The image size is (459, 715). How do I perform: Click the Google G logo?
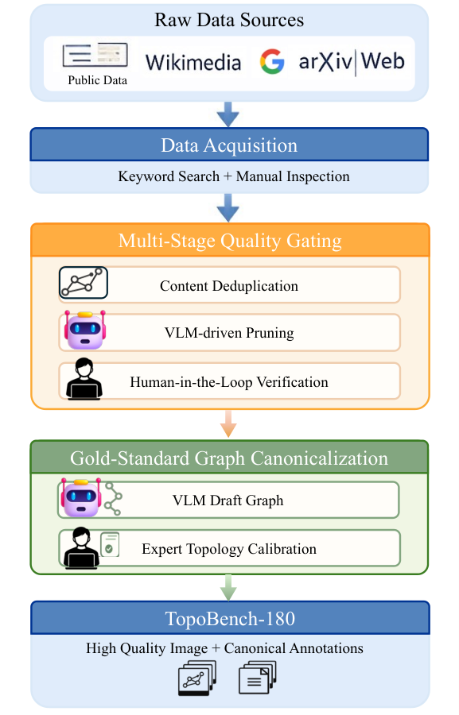pyautogui.click(x=272, y=61)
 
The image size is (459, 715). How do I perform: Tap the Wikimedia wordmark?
pyautogui.click(x=193, y=63)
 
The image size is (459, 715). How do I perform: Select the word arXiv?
pyautogui.click(x=325, y=61)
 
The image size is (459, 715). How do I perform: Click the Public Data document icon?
pyautogui.click(x=95, y=55)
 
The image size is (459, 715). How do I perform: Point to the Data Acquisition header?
pyautogui.click(x=229, y=145)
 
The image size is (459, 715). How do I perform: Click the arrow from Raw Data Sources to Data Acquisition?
pyautogui.click(x=228, y=114)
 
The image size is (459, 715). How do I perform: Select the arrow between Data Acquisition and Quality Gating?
pyautogui.click(x=228, y=207)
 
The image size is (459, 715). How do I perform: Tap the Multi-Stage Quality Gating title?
pyautogui.click(x=230, y=241)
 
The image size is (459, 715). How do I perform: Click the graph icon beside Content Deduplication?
pyautogui.click(x=84, y=283)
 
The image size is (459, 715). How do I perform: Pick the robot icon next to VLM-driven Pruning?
pyautogui.click(x=84, y=330)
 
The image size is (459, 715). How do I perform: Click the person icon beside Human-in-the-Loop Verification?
pyautogui.click(x=84, y=380)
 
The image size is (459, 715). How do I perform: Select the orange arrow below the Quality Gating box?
pyautogui.click(x=228, y=423)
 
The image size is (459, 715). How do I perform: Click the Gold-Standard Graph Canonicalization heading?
pyautogui.click(x=229, y=458)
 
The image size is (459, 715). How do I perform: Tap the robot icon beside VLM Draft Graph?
pyautogui.click(x=81, y=497)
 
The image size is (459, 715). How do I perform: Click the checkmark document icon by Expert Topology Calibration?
pyautogui.click(x=110, y=544)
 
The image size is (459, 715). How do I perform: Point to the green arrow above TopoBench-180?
pyautogui.click(x=228, y=587)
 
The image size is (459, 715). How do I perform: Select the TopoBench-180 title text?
pyautogui.click(x=230, y=619)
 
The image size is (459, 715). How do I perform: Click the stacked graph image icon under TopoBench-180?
pyautogui.click(x=197, y=678)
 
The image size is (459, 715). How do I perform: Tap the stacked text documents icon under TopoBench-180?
pyautogui.click(x=258, y=678)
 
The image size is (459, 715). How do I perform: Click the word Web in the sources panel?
pyautogui.click(x=383, y=61)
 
